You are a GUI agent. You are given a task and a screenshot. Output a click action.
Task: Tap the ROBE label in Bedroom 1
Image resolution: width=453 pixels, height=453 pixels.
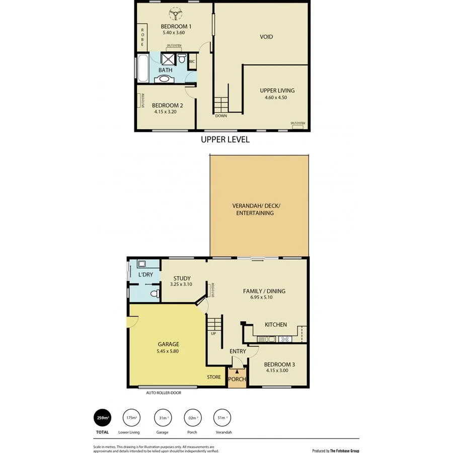coord(142,36)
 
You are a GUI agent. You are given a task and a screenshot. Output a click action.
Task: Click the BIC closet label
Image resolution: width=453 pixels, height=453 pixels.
coord(192,62)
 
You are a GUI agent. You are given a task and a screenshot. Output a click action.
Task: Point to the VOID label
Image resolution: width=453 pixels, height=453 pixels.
coord(266,37)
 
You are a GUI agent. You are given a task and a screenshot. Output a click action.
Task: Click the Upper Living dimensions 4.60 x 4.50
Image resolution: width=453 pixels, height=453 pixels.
coord(275,98)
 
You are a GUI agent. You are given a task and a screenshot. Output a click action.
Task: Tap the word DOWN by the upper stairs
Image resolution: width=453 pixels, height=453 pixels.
coord(221,116)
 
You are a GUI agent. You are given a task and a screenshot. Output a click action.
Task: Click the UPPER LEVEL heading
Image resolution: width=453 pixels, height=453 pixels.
coord(225,139)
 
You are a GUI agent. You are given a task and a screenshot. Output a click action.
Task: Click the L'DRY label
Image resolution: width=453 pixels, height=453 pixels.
coord(145,275)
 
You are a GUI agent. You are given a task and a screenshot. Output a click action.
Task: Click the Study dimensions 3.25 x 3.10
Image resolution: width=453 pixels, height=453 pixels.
coord(181,284)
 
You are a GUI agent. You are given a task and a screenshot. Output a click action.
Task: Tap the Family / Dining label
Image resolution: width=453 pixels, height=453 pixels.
coord(264,291)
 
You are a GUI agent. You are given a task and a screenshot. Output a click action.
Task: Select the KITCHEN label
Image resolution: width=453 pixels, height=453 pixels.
coord(275,325)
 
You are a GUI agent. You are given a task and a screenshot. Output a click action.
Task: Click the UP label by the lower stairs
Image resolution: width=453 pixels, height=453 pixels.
coord(214,333)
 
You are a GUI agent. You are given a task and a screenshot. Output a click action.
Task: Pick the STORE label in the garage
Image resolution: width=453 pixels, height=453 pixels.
coord(214,377)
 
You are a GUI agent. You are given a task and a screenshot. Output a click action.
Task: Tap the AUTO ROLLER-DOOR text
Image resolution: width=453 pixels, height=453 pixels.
coord(164,393)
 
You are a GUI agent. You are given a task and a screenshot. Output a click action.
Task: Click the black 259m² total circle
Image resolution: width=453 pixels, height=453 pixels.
coord(103,417)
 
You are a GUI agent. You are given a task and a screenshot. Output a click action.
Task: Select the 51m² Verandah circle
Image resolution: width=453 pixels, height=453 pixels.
coord(222,417)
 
